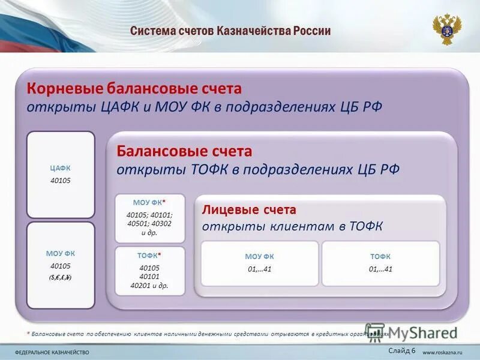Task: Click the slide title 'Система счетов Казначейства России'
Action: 230,31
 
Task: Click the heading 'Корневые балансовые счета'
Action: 133,89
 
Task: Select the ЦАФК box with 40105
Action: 61,174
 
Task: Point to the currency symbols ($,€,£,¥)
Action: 61,277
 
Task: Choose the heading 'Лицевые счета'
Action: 249,210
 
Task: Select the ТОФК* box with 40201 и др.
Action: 149,271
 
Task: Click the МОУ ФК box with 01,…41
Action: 260,263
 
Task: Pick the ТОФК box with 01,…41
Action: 380,263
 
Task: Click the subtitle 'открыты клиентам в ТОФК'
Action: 292,226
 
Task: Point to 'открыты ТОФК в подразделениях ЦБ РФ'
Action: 258,169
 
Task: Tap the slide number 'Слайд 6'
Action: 401,350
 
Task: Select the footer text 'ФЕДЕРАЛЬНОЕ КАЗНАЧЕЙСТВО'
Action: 52,352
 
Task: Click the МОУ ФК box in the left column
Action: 61,265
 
